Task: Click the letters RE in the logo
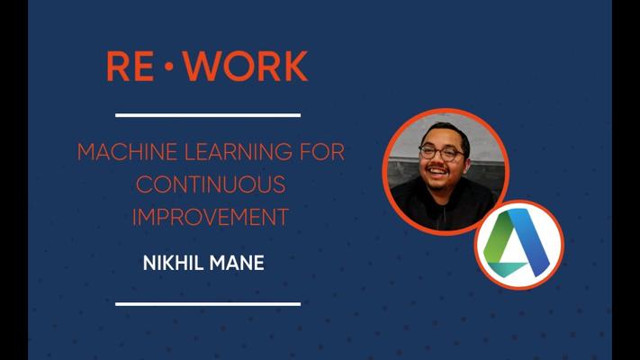[131, 66]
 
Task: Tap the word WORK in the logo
[246, 66]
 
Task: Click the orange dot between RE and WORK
[168, 66]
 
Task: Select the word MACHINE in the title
[127, 152]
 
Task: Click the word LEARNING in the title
[239, 152]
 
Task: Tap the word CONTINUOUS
[211, 184]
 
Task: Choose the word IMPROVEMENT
[211, 217]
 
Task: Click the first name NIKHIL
[173, 263]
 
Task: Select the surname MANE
[237, 263]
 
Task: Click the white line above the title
[208, 115]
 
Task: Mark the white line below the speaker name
[208, 304]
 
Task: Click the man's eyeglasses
[441, 153]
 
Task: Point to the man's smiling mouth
[437, 171]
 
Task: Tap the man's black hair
[446, 132]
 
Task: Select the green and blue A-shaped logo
[517, 242]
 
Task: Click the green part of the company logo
[495, 241]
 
